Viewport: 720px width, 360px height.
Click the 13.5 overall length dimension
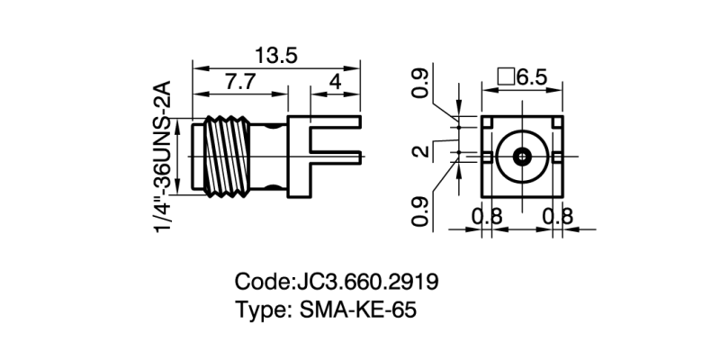(275, 55)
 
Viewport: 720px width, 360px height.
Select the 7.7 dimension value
(239, 82)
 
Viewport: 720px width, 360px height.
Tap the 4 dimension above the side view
(336, 82)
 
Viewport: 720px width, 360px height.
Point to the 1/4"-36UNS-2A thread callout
(163, 157)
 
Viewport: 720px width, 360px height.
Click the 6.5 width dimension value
(532, 76)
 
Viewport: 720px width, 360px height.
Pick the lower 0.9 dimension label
(420, 212)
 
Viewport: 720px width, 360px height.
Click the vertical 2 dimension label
(420, 150)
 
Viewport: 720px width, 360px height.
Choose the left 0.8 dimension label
(487, 216)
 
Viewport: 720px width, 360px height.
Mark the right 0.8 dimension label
(559, 216)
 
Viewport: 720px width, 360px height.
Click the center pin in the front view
(523, 157)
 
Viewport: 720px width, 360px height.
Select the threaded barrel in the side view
(231, 155)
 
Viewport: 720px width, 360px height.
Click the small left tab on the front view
(486, 157)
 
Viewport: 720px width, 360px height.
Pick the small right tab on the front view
(559, 157)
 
